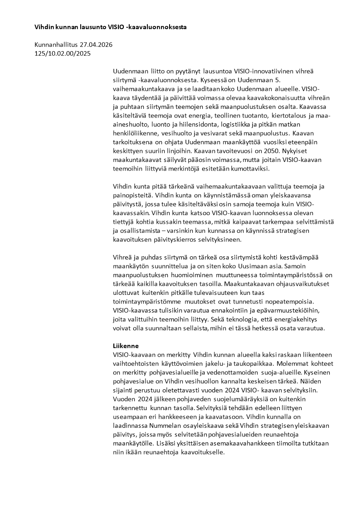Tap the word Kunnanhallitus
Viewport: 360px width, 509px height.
[56, 45]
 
